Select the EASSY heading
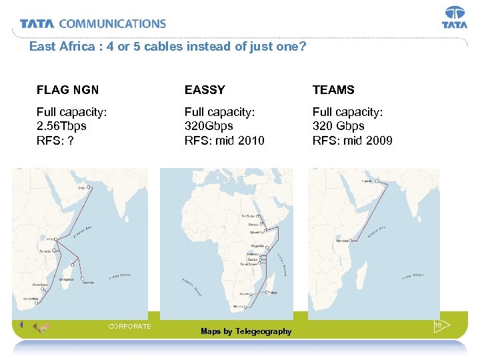tap(205, 90)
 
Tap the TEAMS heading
tap(333, 90)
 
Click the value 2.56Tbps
tap(61, 125)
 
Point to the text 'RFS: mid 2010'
tap(224, 141)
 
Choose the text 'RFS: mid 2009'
tap(352, 141)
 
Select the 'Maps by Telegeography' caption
tap(246, 331)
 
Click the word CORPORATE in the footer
tap(129, 326)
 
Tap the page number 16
tap(438, 325)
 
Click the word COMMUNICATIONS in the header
tap(112, 24)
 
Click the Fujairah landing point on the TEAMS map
tap(377, 181)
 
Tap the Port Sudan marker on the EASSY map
tap(258, 217)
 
